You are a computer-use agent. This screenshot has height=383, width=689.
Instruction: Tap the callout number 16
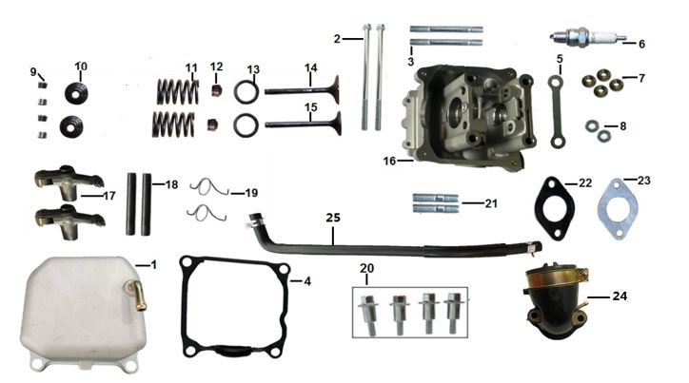point(389,161)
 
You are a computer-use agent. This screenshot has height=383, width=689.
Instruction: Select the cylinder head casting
point(468,117)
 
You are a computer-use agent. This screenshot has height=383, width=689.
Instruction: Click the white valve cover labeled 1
point(84,314)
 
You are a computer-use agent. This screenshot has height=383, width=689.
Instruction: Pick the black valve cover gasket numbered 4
point(183,307)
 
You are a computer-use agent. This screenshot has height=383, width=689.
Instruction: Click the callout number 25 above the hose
point(333,218)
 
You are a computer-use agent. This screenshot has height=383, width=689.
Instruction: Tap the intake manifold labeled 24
point(557,300)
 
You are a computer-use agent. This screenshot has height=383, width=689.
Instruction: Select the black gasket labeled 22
point(538,208)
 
